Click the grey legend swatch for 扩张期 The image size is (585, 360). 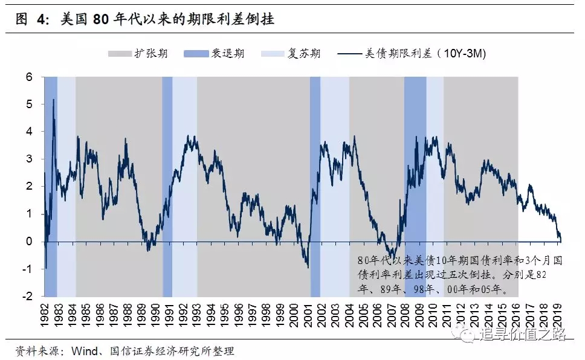(x=120, y=54)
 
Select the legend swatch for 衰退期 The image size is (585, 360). (x=196, y=54)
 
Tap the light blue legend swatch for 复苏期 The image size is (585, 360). (x=273, y=54)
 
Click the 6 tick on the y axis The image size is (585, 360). (x=29, y=77)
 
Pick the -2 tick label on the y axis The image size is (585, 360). (x=27, y=297)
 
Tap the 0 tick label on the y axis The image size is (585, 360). (x=29, y=242)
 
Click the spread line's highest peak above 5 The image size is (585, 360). (x=54, y=100)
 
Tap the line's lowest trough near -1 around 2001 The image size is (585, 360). (x=308, y=267)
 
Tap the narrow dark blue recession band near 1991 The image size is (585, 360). (x=167, y=181)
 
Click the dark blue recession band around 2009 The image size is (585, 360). (x=415, y=181)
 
